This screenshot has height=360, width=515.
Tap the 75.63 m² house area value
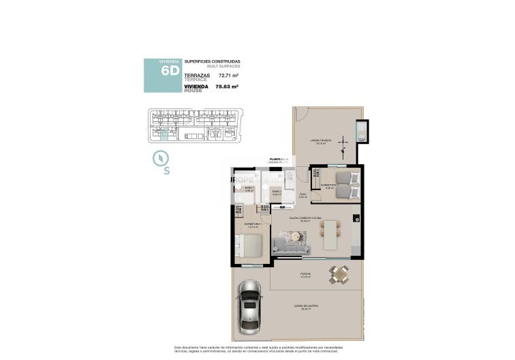tap(228, 87)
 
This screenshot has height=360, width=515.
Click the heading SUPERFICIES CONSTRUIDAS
tap(212, 61)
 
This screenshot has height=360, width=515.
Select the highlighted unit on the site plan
tap(161, 134)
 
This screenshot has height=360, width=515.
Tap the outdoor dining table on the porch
tap(338, 275)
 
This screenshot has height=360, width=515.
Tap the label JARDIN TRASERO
tap(319, 140)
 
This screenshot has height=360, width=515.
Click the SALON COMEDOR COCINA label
tap(305, 218)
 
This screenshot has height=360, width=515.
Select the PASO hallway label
tap(303, 195)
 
